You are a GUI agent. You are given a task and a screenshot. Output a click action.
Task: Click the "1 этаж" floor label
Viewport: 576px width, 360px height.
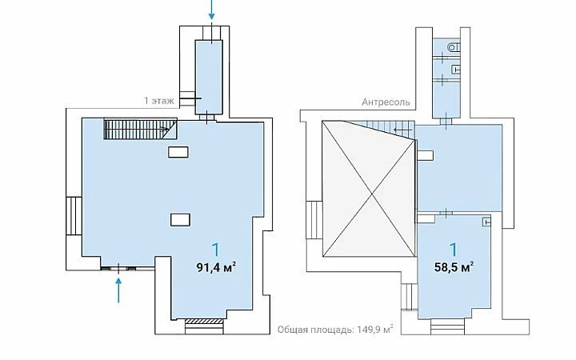[x=158, y=101]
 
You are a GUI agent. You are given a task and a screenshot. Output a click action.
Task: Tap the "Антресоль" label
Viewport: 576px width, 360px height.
[x=386, y=102]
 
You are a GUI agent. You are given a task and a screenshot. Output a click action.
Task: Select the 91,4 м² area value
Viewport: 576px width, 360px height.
[x=216, y=267]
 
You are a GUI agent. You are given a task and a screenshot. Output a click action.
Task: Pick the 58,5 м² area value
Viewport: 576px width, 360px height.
[x=454, y=267]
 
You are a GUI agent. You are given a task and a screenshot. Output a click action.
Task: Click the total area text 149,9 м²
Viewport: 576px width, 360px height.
[x=374, y=330]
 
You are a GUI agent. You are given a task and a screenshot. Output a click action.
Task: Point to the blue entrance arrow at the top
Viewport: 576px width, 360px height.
[x=211, y=10]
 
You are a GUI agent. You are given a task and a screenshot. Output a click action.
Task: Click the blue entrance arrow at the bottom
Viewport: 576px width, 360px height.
[x=118, y=290]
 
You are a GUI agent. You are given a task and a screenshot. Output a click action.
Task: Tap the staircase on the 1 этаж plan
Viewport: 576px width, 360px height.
[x=140, y=129]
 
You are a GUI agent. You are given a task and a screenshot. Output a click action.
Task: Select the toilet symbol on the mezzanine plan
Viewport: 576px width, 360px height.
[x=454, y=47]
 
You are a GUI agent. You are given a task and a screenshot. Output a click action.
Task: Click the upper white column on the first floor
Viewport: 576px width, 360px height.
[x=178, y=152]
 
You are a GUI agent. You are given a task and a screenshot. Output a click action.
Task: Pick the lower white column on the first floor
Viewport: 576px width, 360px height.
[x=180, y=220]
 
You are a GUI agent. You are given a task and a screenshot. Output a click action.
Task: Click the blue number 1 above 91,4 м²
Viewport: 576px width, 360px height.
[x=216, y=250]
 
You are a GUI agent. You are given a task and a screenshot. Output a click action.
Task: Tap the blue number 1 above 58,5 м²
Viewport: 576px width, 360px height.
[x=454, y=250]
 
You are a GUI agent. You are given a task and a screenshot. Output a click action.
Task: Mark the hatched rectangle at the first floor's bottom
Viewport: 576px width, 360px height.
[x=204, y=322]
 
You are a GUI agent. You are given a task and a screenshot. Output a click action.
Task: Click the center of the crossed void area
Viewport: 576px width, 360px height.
[x=369, y=189]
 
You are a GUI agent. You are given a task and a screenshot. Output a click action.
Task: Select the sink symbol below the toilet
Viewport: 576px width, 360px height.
[x=455, y=69]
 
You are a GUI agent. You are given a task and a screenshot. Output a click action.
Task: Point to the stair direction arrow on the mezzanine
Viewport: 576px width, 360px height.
[x=402, y=130]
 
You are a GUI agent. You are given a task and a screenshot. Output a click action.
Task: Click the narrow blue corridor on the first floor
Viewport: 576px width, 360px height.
[x=209, y=77]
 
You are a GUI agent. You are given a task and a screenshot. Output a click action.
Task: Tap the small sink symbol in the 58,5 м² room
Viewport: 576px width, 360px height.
[x=486, y=222]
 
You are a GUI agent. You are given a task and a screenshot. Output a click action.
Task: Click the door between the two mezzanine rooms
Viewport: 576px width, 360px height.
[x=446, y=213]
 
